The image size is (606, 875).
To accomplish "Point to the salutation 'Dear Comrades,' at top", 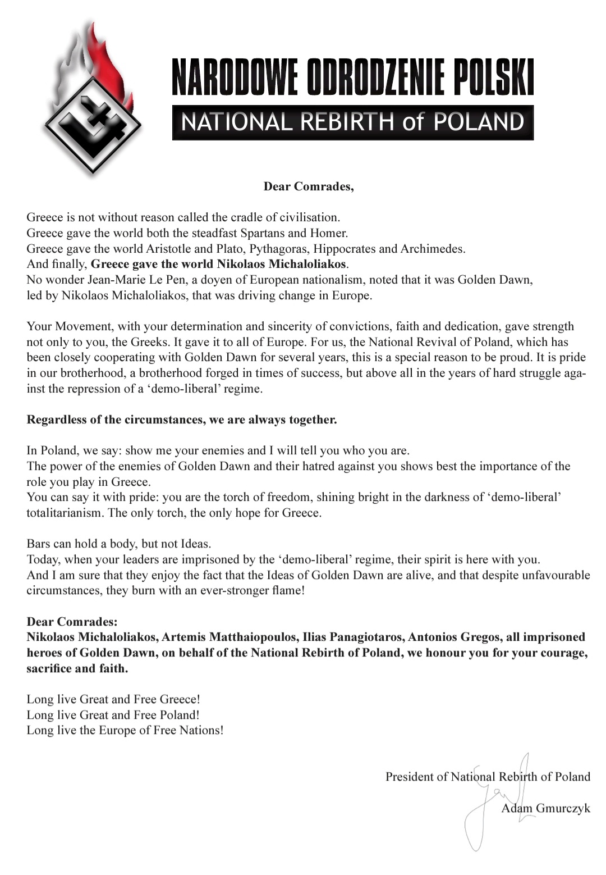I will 309,186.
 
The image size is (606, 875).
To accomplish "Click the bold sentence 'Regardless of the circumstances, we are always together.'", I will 182,420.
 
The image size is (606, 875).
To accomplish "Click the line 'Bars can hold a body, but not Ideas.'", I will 119,544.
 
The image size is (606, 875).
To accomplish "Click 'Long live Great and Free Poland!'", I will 113,715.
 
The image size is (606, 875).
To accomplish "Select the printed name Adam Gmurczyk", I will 545,808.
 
